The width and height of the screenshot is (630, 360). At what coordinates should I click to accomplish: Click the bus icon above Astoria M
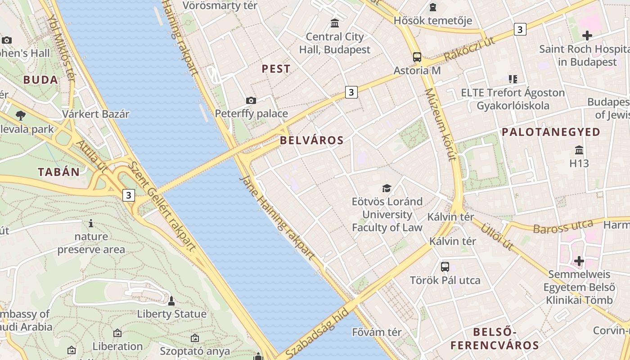pos(417,57)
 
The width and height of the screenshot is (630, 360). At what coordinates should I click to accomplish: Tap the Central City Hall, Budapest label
pos(335,43)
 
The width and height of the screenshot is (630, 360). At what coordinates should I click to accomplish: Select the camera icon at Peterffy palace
pos(251,100)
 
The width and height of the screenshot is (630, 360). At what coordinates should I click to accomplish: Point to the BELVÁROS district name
pos(311,140)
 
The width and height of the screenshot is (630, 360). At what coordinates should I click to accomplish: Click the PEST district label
pos(276,69)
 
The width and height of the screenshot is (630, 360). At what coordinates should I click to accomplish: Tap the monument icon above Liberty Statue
pos(171,301)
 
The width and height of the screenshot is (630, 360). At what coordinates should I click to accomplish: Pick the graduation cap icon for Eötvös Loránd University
pos(387,188)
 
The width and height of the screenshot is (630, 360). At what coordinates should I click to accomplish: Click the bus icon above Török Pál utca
pos(445,267)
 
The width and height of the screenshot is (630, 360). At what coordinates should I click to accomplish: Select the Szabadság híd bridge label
pos(317,333)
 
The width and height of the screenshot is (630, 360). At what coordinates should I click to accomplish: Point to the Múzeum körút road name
pos(441,124)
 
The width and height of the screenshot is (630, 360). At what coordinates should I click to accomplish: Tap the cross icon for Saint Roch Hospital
pos(587,35)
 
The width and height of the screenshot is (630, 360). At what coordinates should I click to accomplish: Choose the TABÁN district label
pos(58,172)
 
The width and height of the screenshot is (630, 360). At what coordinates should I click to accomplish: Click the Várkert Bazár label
pos(96,114)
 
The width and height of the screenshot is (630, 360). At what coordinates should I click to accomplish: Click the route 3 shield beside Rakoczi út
pos(520,30)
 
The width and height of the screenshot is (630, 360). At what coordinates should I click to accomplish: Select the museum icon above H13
pos(579,150)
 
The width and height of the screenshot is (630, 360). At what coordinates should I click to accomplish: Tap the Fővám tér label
pos(377,333)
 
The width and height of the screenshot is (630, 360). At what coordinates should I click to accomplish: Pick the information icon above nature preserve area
pos(91,223)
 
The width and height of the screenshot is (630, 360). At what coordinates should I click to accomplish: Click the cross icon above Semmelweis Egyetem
pos(579,261)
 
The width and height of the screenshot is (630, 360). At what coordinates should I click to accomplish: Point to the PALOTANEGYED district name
pos(551,132)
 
